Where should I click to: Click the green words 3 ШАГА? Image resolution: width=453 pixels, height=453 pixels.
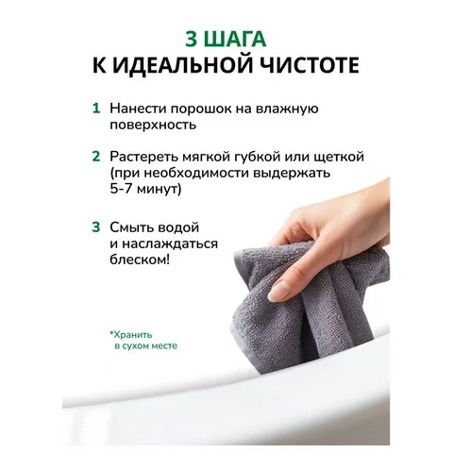[x=226, y=40]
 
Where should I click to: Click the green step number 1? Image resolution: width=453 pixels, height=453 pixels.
[x=96, y=108]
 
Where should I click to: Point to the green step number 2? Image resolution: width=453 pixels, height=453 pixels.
[x=96, y=157]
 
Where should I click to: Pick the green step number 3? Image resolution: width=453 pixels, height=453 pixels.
[x=96, y=227]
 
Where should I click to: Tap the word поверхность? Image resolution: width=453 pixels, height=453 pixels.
[x=153, y=126]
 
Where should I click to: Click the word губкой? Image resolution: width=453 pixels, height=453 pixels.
[x=257, y=157]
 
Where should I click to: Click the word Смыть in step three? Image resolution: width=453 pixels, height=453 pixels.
[x=131, y=227]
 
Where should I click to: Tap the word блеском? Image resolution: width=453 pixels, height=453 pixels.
[x=140, y=260]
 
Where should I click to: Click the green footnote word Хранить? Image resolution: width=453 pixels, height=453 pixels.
[x=131, y=334]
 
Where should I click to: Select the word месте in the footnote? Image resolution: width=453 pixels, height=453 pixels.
[x=165, y=345]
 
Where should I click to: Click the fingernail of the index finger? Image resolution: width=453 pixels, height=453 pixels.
[x=277, y=290]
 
